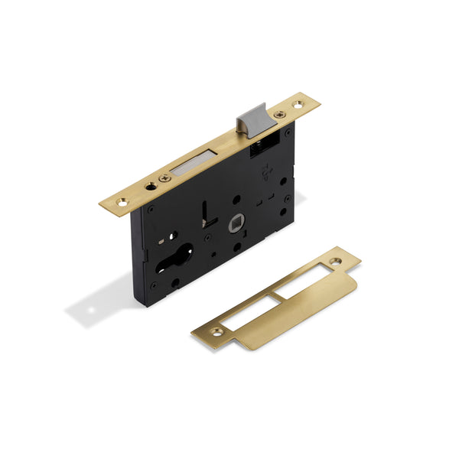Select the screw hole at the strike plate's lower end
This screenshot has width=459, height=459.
218,331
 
